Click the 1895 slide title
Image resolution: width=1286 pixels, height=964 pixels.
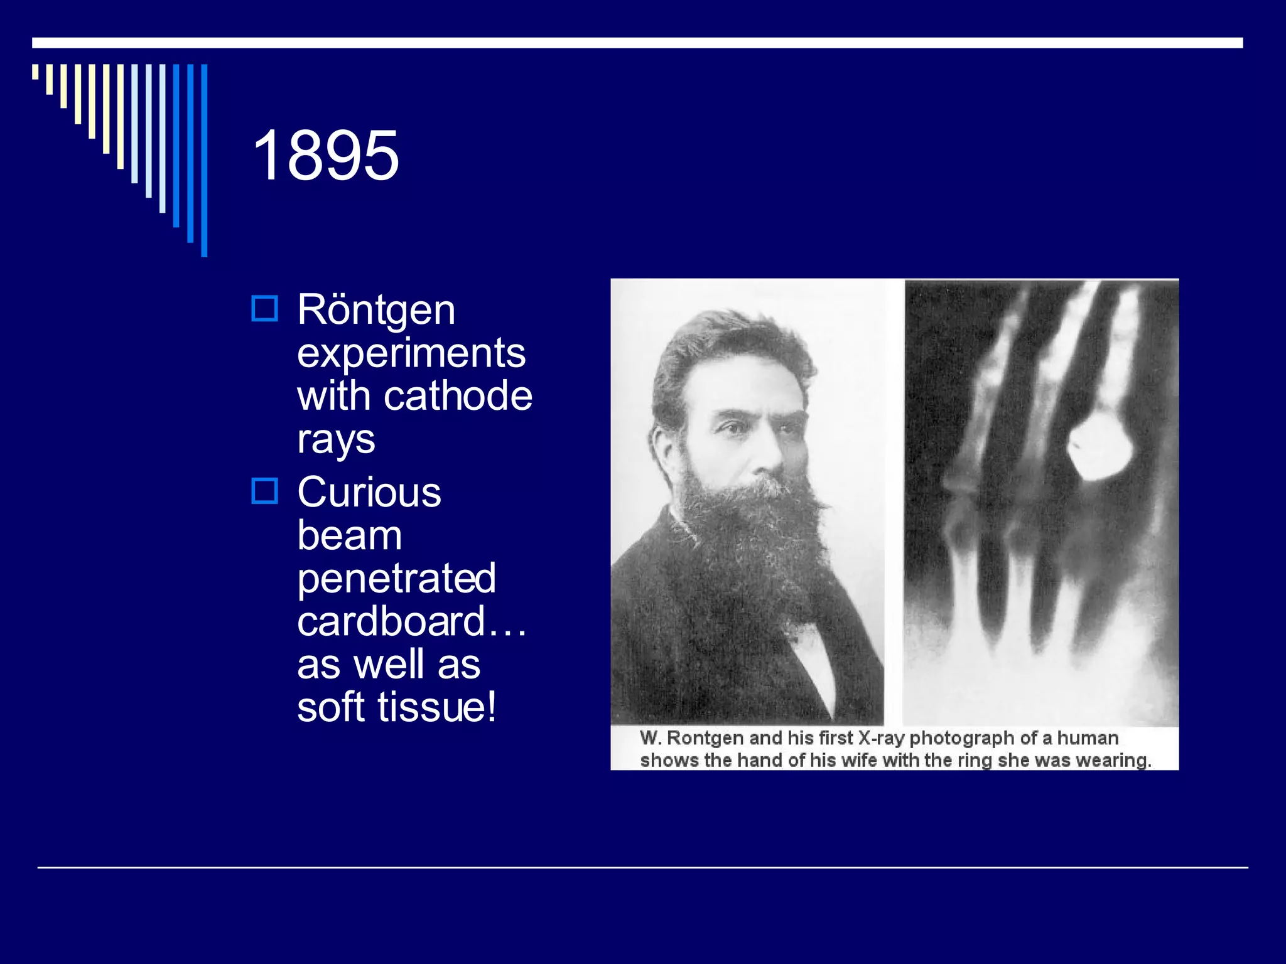[325, 156]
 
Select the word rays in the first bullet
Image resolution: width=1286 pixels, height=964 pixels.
[336, 439]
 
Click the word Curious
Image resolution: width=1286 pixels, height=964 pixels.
[369, 492]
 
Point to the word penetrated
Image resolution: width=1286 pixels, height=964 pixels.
[396, 578]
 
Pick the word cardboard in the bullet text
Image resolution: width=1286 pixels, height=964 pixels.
[392, 621]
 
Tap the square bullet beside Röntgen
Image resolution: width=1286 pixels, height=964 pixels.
[264, 309]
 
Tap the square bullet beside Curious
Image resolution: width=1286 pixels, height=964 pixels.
[264, 491]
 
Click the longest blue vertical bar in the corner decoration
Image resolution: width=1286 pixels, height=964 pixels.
[204, 160]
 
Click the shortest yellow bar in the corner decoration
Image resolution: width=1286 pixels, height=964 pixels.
[35, 72]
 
